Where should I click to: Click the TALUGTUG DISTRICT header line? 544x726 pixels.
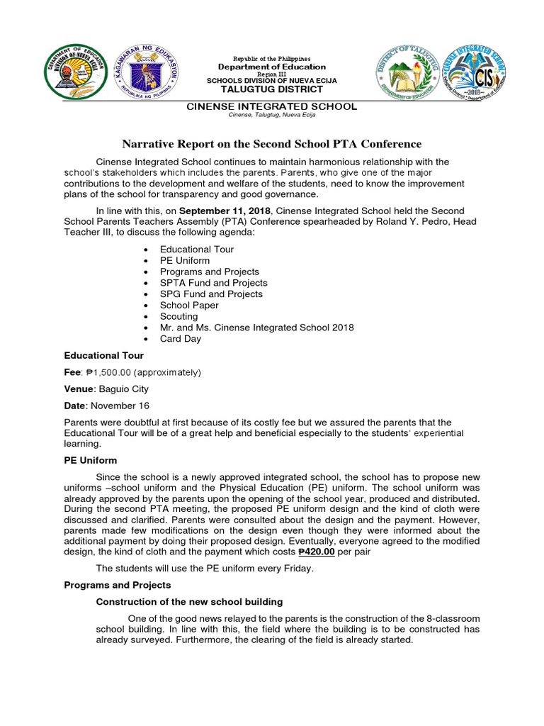271,90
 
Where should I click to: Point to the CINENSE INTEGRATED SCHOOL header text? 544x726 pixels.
271,106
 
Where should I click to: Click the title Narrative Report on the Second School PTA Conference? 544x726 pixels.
271,144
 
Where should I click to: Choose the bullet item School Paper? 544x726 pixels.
189,305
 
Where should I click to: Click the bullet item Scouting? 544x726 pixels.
178,316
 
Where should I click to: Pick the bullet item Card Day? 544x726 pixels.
180,338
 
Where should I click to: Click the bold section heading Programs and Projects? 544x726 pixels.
117,585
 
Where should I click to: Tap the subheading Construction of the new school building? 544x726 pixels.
189,601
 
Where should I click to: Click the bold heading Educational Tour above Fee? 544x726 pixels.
103,355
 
